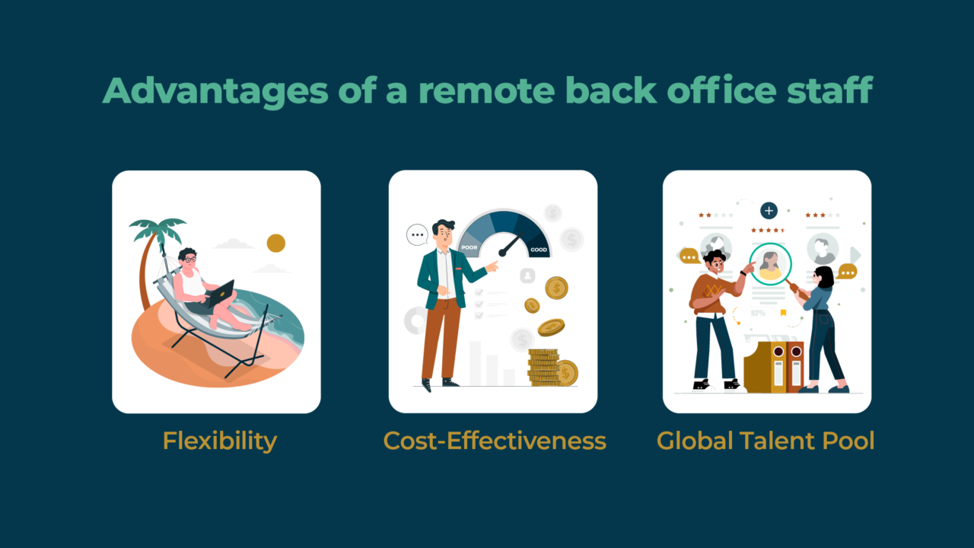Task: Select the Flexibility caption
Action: point(219,440)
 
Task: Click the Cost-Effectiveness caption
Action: point(495,440)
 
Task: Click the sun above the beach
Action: point(276,243)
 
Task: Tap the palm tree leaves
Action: point(158,227)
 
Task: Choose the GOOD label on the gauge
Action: point(538,250)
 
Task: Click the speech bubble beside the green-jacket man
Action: point(417,234)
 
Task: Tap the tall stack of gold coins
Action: point(543,367)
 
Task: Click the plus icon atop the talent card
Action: point(769,210)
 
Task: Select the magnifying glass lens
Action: point(770,263)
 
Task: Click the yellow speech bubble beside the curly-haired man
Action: point(689,256)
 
